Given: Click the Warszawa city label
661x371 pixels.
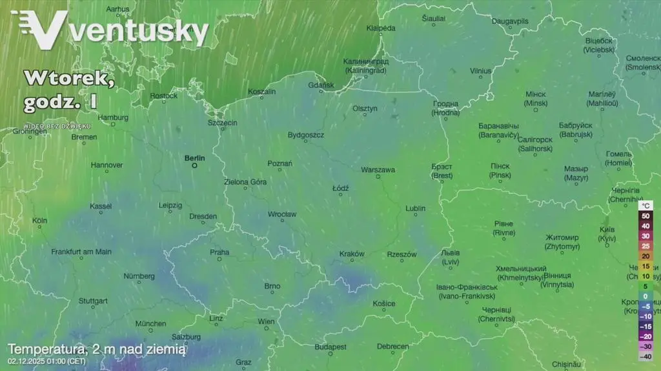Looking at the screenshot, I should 378,170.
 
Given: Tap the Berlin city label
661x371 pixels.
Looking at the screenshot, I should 194,157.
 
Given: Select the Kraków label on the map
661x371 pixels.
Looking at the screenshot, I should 352,254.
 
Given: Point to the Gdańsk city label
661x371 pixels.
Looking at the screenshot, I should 321,85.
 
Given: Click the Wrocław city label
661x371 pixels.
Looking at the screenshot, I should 282,214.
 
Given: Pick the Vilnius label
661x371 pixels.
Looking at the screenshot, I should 480,71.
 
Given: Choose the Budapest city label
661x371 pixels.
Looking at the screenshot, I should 330,347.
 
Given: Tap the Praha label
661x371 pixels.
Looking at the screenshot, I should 219,252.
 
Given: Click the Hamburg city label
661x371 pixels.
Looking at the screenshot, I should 113,117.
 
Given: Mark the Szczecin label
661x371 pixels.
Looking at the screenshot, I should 222,123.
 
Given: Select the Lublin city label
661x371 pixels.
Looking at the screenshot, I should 415,208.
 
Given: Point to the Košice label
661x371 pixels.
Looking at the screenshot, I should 383,303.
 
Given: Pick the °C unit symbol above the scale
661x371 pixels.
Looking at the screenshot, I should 646,205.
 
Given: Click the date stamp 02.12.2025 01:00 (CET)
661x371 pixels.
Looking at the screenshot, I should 47,361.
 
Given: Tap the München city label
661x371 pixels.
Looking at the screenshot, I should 150,323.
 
